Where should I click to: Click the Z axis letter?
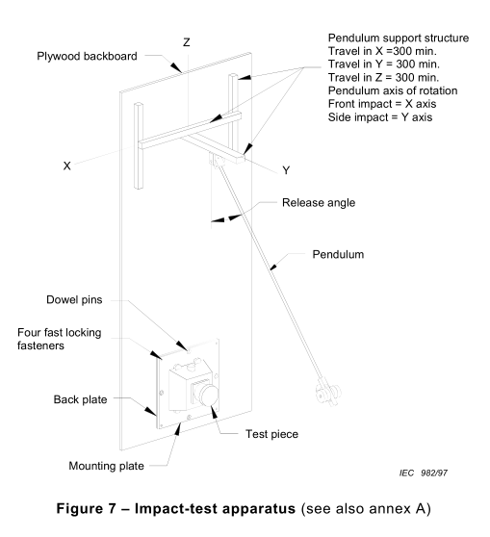tap(187, 42)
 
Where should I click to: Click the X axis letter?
tap(66, 166)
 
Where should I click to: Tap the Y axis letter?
tap(286, 170)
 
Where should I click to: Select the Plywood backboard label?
tap(87, 56)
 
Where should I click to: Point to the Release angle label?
tap(319, 202)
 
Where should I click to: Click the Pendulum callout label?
tap(338, 254)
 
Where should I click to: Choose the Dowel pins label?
tap(74, 299)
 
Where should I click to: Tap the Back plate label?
tap(80, 399)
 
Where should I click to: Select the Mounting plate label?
tap(106, 466)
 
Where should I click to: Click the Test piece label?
tap(271, 434)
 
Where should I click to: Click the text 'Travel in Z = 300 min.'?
tap(383, 77)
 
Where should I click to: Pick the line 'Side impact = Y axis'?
tap(380, 117)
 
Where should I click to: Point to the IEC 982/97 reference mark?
tap(424, 473)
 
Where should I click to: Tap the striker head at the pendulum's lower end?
tap(328, 392)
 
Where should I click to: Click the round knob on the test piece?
tap(208, 395)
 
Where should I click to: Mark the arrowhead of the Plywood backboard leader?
tap(176, 67)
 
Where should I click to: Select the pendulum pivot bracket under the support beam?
tap(216, 161)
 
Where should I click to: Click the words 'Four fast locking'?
tap(60, 333)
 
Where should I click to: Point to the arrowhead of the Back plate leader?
tap(150, 411)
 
